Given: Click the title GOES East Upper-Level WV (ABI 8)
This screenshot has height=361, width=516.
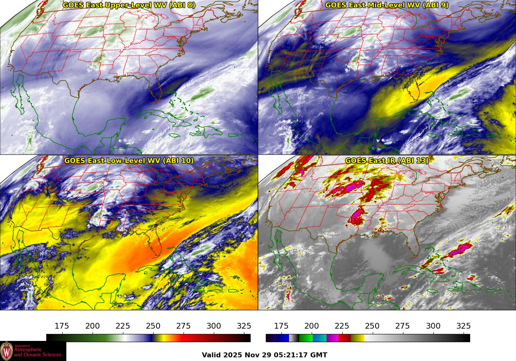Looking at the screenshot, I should (129, 5).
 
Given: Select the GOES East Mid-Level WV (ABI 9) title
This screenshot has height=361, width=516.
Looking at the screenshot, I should (387, 5).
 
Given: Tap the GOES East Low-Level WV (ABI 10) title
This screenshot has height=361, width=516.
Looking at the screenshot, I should (129, 161).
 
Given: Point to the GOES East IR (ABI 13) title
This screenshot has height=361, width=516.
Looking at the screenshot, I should (387, 161).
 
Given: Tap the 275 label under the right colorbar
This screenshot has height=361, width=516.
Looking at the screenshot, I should (403, 326).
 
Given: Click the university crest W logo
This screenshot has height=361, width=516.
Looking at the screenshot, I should (7, 351).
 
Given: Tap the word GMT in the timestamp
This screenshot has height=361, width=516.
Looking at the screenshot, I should (319, 355).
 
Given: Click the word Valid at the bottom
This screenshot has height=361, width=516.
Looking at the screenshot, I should (212, 355).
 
